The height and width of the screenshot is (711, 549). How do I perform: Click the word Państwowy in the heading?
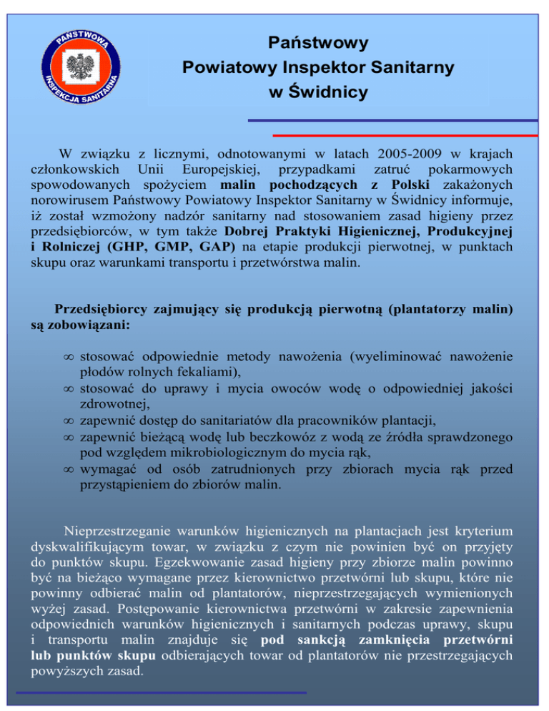[319, 43]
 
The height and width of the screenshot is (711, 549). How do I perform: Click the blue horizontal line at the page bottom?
[161, 692]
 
